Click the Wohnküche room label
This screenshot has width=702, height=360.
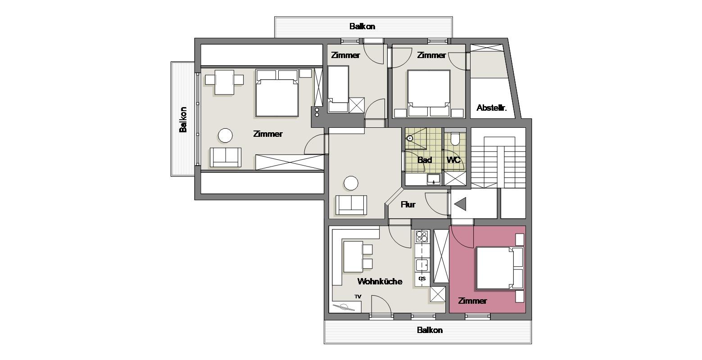pyautogui.click(x=380, y=281)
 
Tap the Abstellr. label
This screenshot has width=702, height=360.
pyautogui.click(x=491, y=108)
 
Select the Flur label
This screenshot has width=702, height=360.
pyautogui.click(x=408, y=205)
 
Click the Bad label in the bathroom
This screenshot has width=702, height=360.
pyautogui.click(x=425, y=160)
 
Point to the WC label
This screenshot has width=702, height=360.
pyautogui.click(x=453, y=160)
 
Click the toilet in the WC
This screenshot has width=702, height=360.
pyautogui.click(x=455, y=139)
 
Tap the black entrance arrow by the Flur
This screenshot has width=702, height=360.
pyautogui.click(x=460, y=204)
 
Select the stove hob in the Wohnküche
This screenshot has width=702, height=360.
pyautogui.click(x=422, y=237)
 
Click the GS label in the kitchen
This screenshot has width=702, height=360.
pyautogui.click(x=422, y=279)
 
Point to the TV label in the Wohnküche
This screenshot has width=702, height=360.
pyautogui.click(x=358, y=297)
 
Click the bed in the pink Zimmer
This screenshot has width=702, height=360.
pyautogui.click(x=499, y=268)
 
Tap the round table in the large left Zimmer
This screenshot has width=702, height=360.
pyautogui.click(x=225, y=135)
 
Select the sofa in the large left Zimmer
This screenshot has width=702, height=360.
pyautogui.click(x=226, y=157)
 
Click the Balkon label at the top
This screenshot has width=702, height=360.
pyautogui.click(x=362, y=26)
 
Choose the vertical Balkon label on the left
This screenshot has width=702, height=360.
pyautogui.click(x=183, y=119)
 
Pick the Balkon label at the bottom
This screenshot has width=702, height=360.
pyautogui.click(x=430, y=330)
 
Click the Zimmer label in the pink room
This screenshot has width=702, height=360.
pyautogui.click(x=473, y=301)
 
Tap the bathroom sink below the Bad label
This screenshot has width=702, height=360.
pyautogui.click(x=434, y=179)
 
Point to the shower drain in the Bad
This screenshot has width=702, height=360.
pyautogui.click(x=410, y=138)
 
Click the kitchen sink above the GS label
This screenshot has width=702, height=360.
pyautogui.click(x=422, y=265)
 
